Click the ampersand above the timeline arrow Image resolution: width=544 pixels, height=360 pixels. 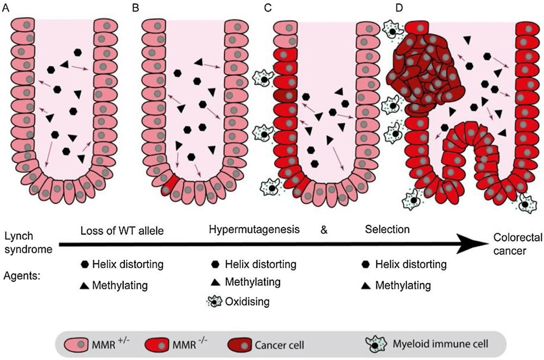click(x=323, y=230)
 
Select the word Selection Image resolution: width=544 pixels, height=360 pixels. click(x=387, y=229)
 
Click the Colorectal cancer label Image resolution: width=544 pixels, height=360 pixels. click(x=516, y=242)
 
